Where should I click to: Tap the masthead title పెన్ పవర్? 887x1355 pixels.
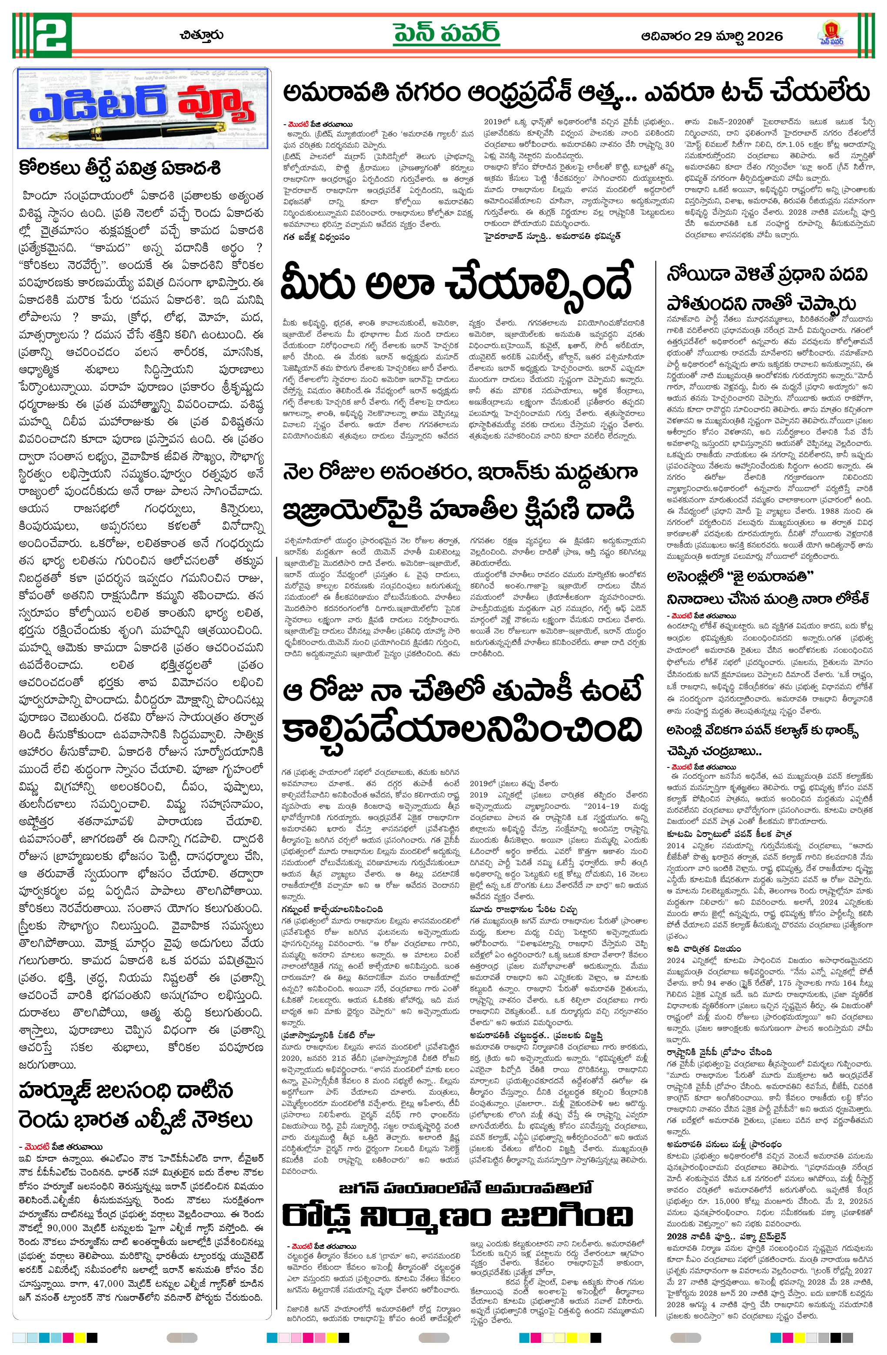pyautogui.click(x=446, y=35)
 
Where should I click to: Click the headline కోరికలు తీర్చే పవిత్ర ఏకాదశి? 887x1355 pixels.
pyautogui.click(x=119, y=169)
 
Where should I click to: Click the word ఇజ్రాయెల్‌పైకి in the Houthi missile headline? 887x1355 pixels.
pyautogui.click(x=351, y=510)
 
